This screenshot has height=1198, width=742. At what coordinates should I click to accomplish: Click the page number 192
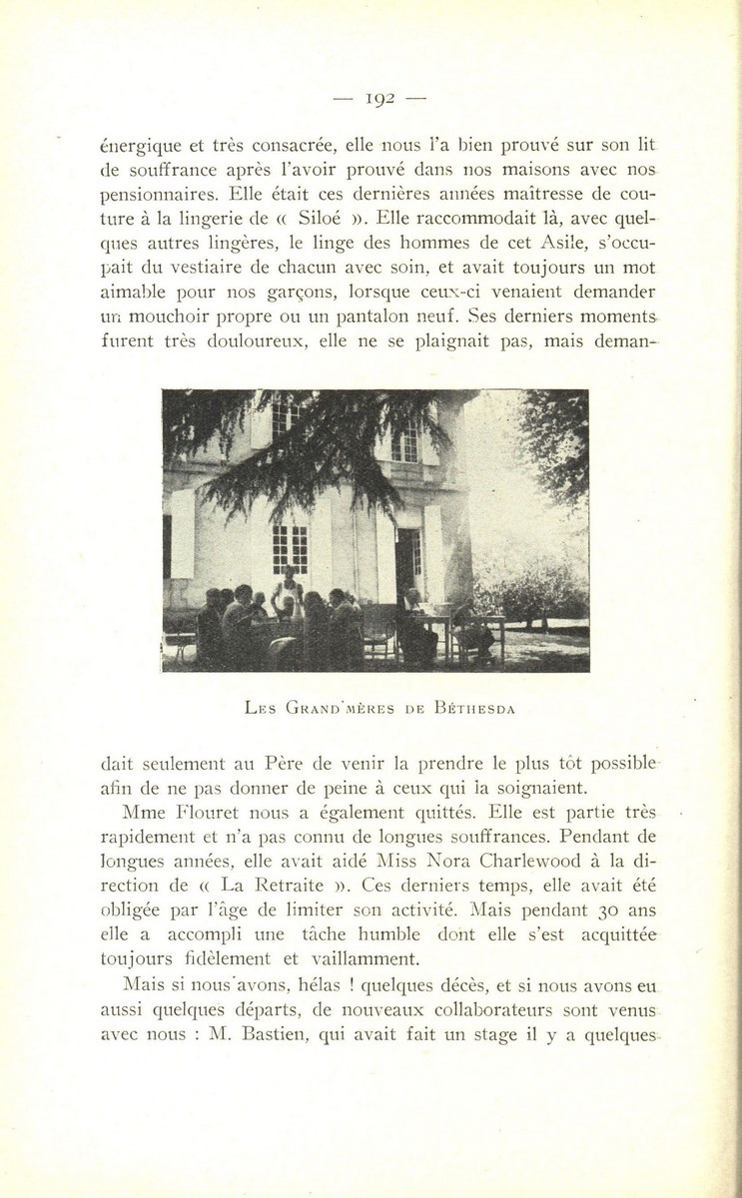tap(380, 98)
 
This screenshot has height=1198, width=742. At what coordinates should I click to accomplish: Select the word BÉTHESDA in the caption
tap(474, 709)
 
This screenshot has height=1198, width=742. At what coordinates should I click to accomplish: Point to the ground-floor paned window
tap(290, 546)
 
